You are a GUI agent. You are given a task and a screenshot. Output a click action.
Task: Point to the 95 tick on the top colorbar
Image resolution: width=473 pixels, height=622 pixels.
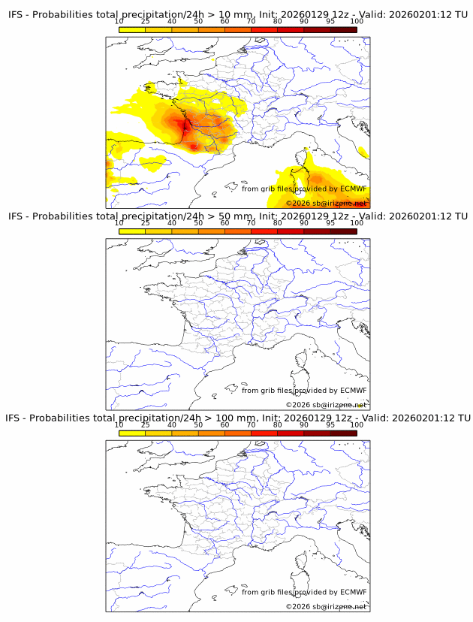click(330, 22)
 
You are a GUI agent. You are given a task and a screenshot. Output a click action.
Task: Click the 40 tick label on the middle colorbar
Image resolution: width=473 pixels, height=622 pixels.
click(172, 223)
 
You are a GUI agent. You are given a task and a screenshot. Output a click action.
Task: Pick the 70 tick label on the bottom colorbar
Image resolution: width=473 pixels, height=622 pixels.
click(252, 424)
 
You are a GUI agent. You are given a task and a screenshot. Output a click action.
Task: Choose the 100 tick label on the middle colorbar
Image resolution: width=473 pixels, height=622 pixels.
click(357, 223)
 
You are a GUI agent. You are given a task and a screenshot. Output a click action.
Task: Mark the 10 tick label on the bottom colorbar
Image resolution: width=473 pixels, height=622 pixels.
click(119, 424)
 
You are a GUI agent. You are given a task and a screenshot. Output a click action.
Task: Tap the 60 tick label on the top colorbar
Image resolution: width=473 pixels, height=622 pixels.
click(224, 22)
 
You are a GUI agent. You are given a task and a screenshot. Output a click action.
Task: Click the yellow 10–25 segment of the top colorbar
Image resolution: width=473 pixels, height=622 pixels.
click(132, 29)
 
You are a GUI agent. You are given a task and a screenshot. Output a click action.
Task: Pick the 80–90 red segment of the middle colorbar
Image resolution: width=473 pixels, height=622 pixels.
click(291, 231)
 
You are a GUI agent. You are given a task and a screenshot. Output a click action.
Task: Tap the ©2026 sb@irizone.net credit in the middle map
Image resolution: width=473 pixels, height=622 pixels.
click(326, 404)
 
